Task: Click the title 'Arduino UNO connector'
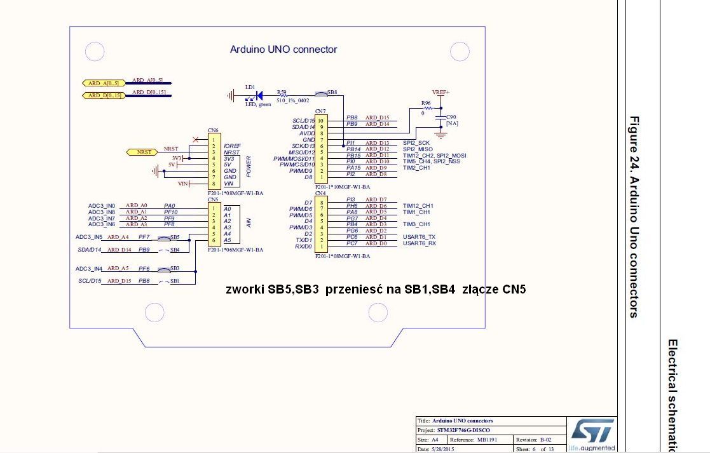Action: click(x=283, y=50)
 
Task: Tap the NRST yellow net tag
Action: click(x=144, y=152)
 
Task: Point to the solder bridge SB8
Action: click(x=322, y=95)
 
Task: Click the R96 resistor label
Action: click(x=426, y=102)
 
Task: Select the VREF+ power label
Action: click(x=440, y=92)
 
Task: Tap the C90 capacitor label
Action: click(x=451, y=117)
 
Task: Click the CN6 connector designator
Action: click(x=213, y=130)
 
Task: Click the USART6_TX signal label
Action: click(x=420, y=237)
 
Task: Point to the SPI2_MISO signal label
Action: click(x=418, y=149)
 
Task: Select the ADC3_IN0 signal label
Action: click(x=102, y=206)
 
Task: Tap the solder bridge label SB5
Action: click(x=174, y=236)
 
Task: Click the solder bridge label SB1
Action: click(x=174, y=280)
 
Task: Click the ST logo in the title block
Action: click(x=592, y=431)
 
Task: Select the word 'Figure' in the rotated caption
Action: click(x=634, y=132)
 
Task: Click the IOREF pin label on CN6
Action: click(x=231, y=145)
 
